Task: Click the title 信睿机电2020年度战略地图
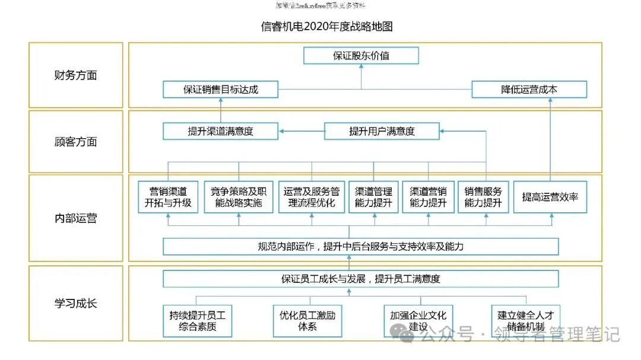tap(326, 27)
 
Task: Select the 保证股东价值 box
tap(361, 56)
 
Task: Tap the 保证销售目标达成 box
tap(221, 90)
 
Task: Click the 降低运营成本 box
tap(529, 90)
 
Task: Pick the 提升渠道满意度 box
tap(220, 131)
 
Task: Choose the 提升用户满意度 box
tap(382, 131)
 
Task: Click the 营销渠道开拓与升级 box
tap(168, 197)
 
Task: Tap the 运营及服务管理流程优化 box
tap(311, 197)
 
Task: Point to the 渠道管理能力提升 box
tap(373, 197)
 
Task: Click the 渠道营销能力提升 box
tap(428, 197)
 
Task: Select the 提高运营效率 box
tap(550, 197)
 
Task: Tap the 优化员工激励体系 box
tap(307, 321)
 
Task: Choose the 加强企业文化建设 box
tap(418, 321)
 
